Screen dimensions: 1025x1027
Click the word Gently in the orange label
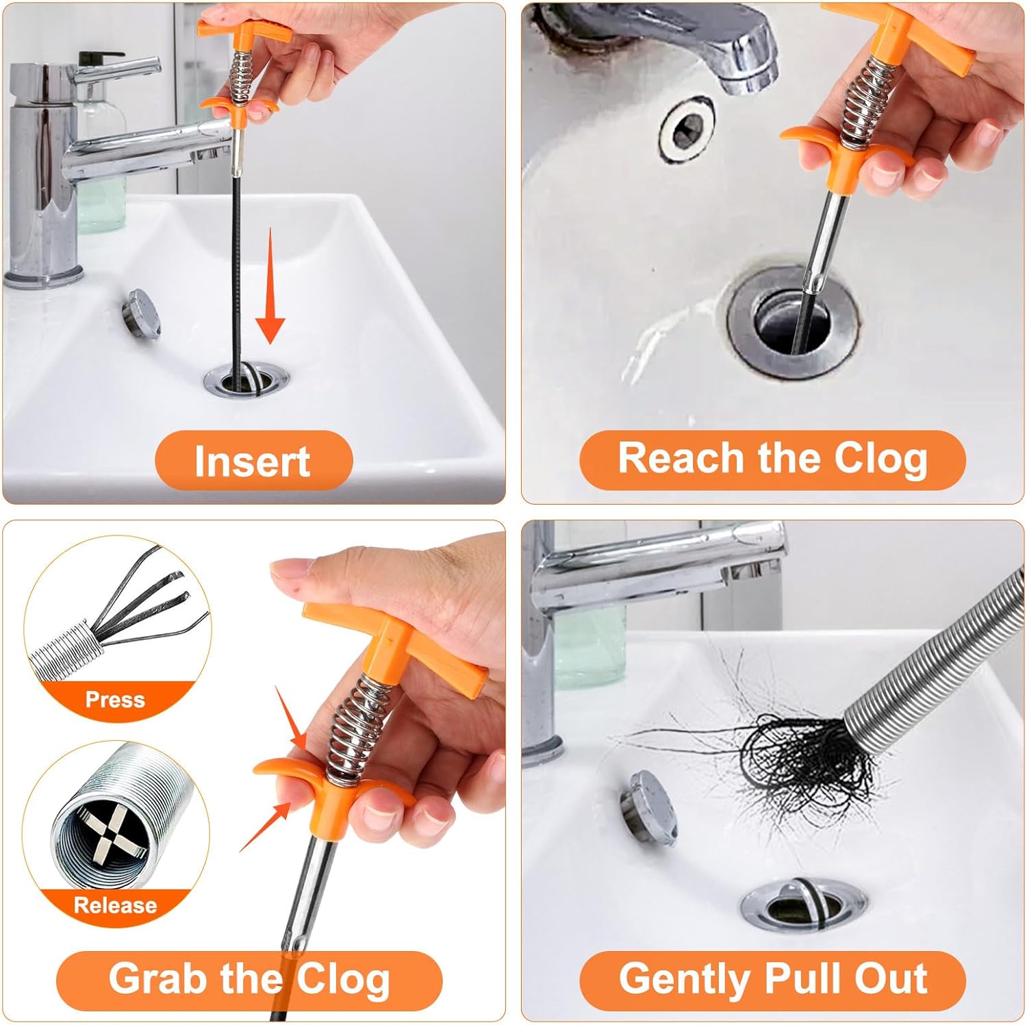pos(685,978)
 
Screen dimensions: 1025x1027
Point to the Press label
pos(115,699)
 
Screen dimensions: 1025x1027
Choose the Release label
pos(115,904)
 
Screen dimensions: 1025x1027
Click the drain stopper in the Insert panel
pos(142,314)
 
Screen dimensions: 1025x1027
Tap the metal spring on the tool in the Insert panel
pos(240,75)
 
